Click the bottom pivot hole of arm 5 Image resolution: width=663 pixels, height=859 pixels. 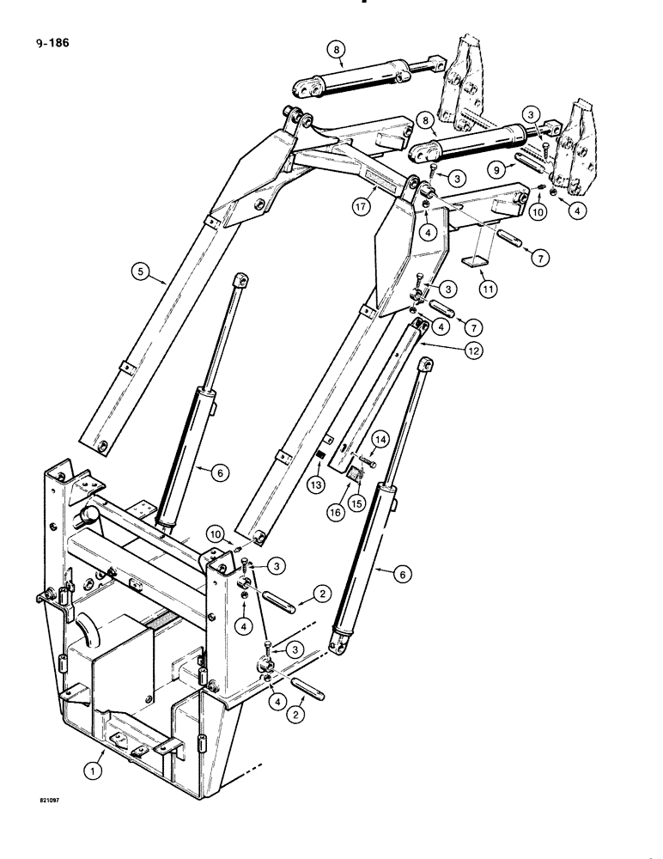pyautogui.click(x=102, y=445)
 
